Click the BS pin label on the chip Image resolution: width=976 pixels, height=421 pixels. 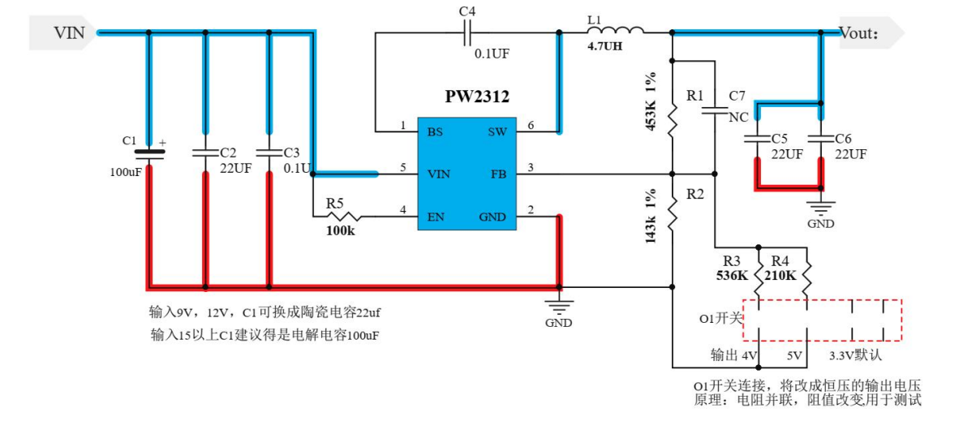[x=436, y=131]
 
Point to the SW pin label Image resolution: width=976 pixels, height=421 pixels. [x=497, y=131]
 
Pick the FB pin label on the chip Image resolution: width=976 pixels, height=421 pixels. [x=498, y=174]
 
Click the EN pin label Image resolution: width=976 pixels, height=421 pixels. [x=436, y=217]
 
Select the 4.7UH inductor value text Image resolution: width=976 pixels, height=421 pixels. [x=604, y=47]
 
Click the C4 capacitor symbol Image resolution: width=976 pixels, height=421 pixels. [x=467, y=32]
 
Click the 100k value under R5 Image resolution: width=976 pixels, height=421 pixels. [x=341, y=231]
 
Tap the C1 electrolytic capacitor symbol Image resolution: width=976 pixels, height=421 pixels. [x=148, y=152]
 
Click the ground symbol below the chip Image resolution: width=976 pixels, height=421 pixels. [x=558, y=307]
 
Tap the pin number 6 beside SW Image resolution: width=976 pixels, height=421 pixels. [x=530, y=125]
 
